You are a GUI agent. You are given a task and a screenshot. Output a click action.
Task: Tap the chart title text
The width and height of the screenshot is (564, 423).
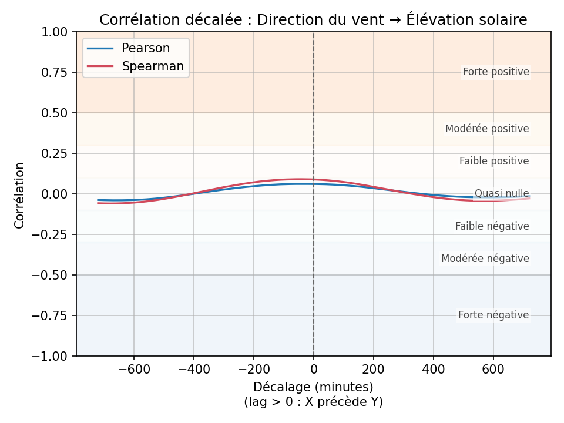click(313, 19)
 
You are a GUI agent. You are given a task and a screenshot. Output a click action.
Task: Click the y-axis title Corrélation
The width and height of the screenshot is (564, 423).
click(20, 195)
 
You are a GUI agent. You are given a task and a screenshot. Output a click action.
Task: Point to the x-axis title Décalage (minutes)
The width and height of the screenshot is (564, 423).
click(313, 387)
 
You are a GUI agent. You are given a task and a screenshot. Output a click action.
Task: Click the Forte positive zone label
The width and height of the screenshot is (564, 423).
click(496, 72)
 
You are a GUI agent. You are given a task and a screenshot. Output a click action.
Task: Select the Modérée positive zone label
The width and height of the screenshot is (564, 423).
click(487, 129)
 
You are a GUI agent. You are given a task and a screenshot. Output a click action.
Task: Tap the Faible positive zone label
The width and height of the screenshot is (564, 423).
click(494, 161)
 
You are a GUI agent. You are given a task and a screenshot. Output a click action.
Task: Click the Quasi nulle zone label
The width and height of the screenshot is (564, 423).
click(502, 193)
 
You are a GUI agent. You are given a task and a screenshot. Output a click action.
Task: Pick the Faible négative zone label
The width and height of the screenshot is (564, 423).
click(492, 226)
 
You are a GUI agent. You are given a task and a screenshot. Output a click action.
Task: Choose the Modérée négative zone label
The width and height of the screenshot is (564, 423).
click(485, 258)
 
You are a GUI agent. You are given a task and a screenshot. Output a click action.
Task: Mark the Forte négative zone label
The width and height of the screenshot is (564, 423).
click(493, 315)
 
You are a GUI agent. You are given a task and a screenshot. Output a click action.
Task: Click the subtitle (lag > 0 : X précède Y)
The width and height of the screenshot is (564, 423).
click(313, 402)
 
